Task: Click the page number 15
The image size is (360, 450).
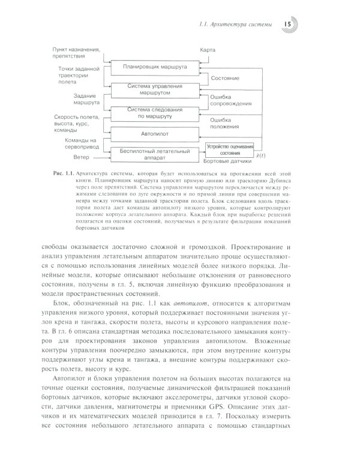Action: tap(286, 23)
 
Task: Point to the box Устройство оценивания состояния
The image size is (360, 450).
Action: tap(230, 149)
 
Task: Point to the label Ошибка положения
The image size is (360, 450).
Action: tap(220, 122)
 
